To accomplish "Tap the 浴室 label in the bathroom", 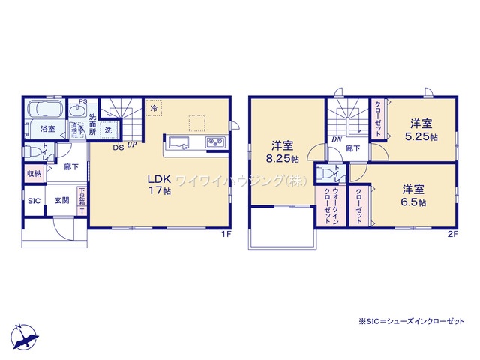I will [47, 129].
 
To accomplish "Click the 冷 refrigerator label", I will [154, 109].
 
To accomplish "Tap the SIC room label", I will [34, 201].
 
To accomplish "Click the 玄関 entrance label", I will [61, 201].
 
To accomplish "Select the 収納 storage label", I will [34, 174].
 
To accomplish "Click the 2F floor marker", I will [451, 234].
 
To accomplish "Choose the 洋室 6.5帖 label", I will [413, 196].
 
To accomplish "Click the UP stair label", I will [131, 146].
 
